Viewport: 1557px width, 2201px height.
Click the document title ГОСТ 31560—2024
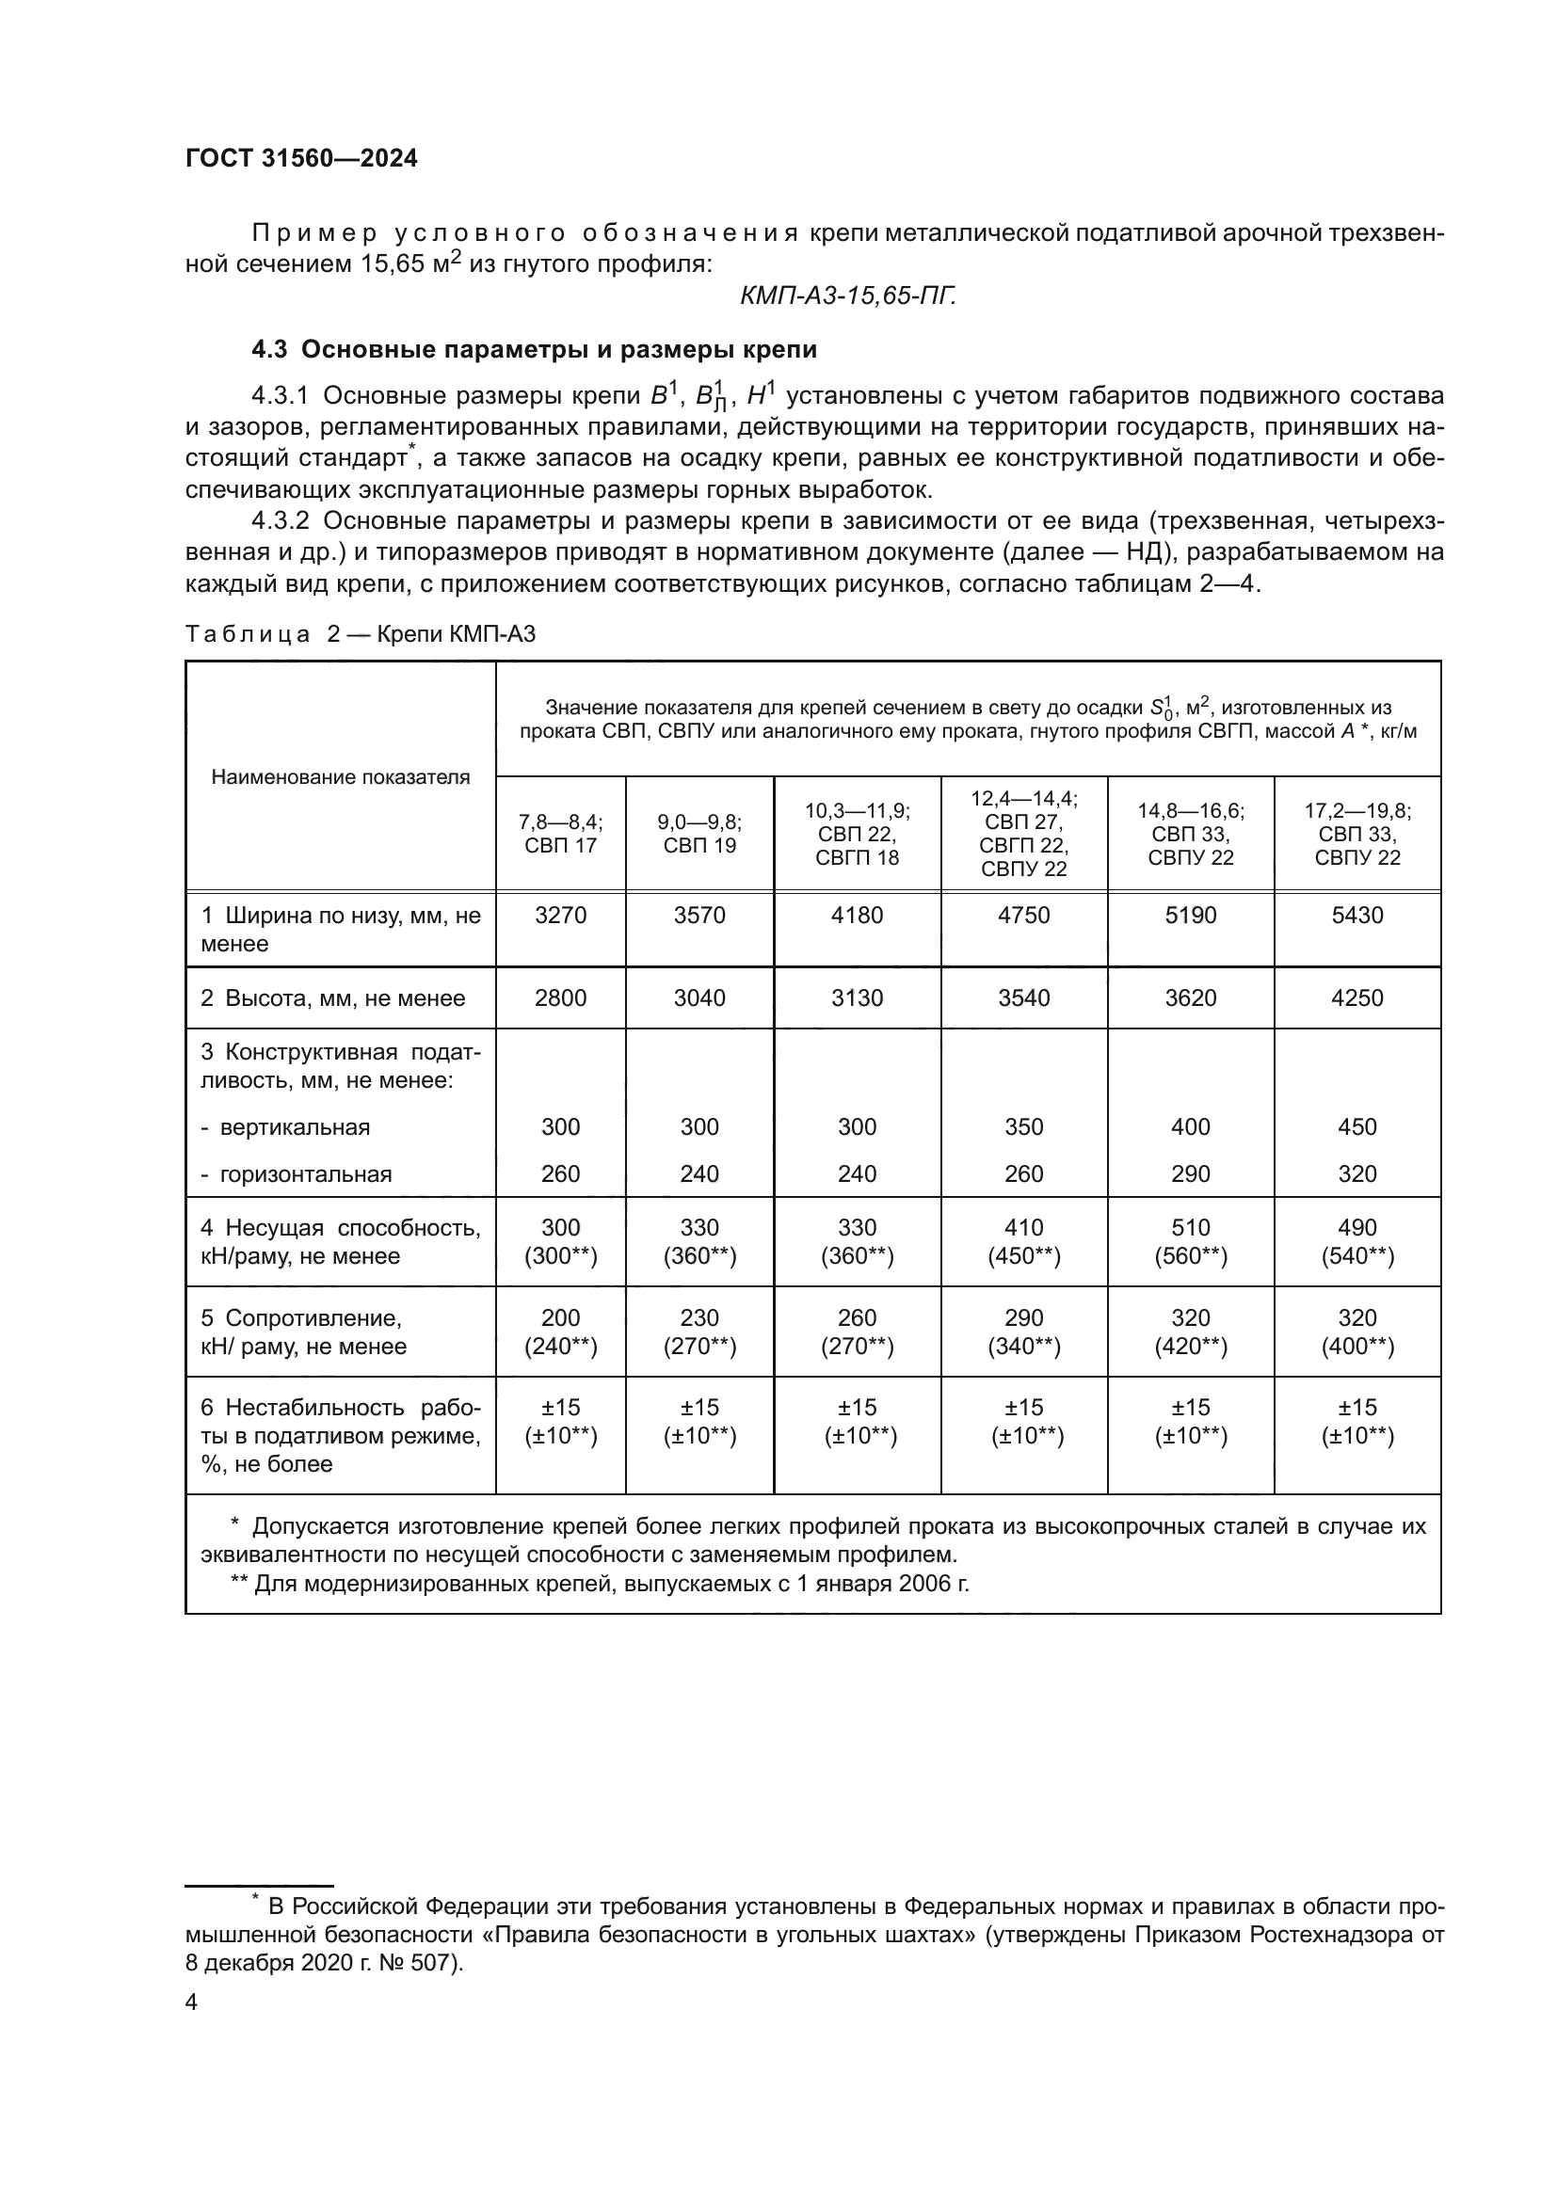(x=301, y=159)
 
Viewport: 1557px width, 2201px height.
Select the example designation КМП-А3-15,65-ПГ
(x=847, y=296)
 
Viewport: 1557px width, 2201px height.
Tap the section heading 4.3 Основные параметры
(x=534, y=349)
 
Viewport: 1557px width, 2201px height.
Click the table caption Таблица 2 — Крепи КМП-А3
(x=360, y=633)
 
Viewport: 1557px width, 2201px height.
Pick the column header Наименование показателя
(x=341, y=776)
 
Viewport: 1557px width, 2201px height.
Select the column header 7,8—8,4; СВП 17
(x=561, y=833)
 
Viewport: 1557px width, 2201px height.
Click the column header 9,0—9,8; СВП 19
(x=698, y=833)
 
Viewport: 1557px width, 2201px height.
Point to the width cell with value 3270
(x=561, y=915)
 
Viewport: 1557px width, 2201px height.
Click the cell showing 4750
(x=1023, y=915)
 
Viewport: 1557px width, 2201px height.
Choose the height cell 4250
(x=1356, y=997)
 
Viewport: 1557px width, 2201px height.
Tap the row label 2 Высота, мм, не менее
(x=331, y=997)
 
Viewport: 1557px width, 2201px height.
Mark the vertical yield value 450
(x=1356, y=1126)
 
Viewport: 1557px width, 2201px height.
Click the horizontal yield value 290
(x=1190, y=1173)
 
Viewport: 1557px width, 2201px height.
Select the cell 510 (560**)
(x=1190, y=1241)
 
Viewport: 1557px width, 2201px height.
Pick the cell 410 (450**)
(x=1023, y=1241)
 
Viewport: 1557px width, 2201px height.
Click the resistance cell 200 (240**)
(x=561, y=1332)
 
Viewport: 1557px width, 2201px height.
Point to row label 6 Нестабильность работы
(x=340, y=1435)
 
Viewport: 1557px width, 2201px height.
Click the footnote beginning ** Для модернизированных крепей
(x=601, y=1583)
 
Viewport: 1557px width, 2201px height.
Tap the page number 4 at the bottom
(x=192, y=2002)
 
